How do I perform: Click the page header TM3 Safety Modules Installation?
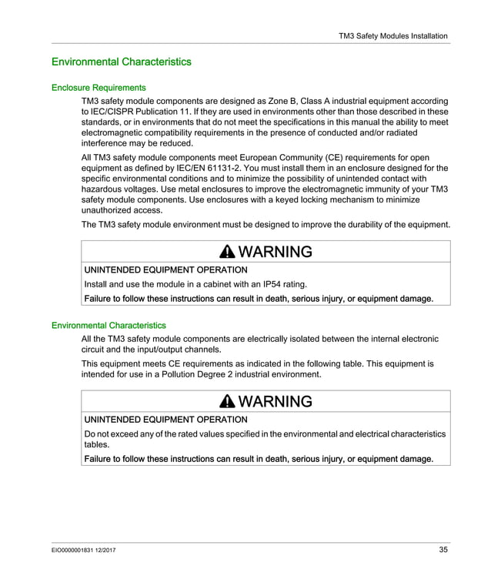(x=392, y=35)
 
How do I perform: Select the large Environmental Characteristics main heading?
(x=121, y=62)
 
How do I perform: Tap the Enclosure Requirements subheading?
(x=99, y=88)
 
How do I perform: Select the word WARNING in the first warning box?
(x=276, y=253)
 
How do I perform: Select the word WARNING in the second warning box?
(x=276, y=402)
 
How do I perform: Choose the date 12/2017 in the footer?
(x=108, y=550)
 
